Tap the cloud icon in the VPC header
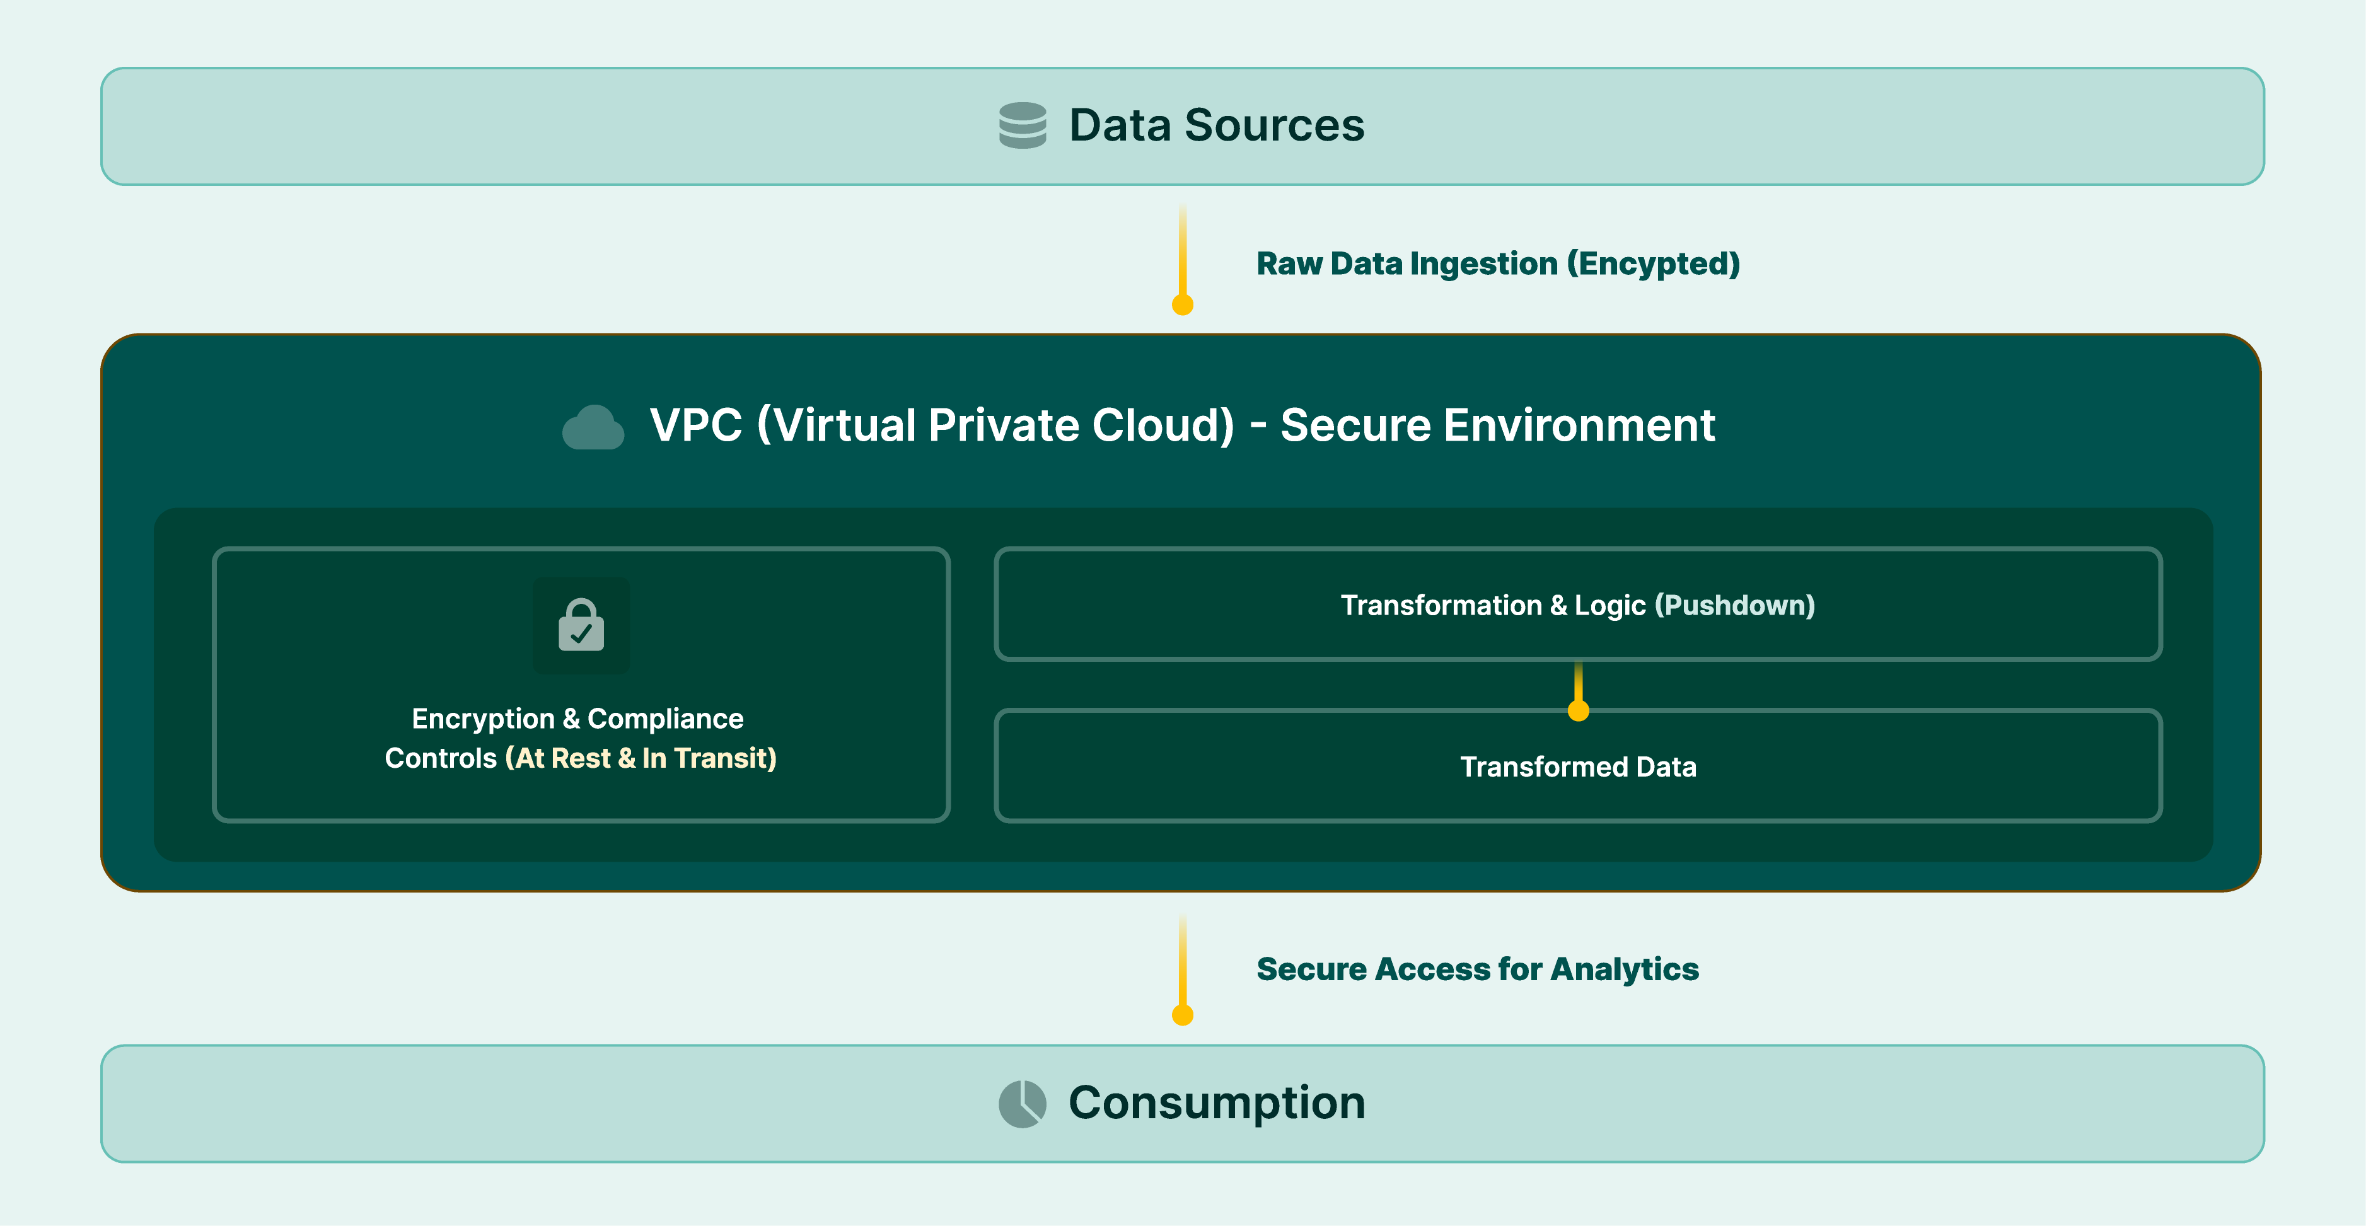(593, 427)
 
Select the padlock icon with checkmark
(581, 625)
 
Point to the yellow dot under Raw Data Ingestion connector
(1182, 305)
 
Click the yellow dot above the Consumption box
(1182, 1015)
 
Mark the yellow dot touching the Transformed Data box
(1578, 711)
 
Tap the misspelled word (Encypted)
(1652, 265)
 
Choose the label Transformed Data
(1578, 767)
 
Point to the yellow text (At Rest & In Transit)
(640, 758)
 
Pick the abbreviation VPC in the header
(695, 425)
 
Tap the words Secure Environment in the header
(1497, 425)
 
